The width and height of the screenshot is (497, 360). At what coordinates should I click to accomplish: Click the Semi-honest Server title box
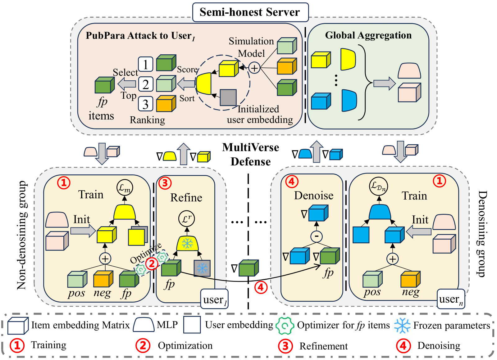point(250,12)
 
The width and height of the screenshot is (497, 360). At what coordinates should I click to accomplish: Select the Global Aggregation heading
point(368,35)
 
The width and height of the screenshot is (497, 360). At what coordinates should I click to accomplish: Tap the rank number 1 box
point(145,65)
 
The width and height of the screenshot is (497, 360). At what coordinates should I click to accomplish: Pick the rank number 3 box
point(145,104)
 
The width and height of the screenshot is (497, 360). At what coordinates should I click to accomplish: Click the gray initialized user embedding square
point(228,97)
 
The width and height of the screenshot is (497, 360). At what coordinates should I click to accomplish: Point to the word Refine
point(186,198)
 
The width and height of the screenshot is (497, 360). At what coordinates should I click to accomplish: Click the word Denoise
point(314,196)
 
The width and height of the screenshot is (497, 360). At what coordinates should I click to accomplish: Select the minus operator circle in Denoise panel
point(316,236)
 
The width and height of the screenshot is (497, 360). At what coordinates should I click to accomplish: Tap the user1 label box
point(215,299)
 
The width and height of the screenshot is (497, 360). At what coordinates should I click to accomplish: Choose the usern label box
point(451,299)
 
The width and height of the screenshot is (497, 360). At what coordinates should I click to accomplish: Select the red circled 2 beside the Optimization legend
point(143,345)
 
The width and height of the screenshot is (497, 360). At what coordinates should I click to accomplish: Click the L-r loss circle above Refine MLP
point(187,219)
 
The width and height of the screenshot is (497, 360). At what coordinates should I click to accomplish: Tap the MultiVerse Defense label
point(250,155)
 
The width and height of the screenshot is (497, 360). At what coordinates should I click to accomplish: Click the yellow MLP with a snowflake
point(187,243)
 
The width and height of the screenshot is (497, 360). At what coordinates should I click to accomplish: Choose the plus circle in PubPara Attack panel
point(254,68)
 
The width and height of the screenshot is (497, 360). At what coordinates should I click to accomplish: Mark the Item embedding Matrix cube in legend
point(18,325)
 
